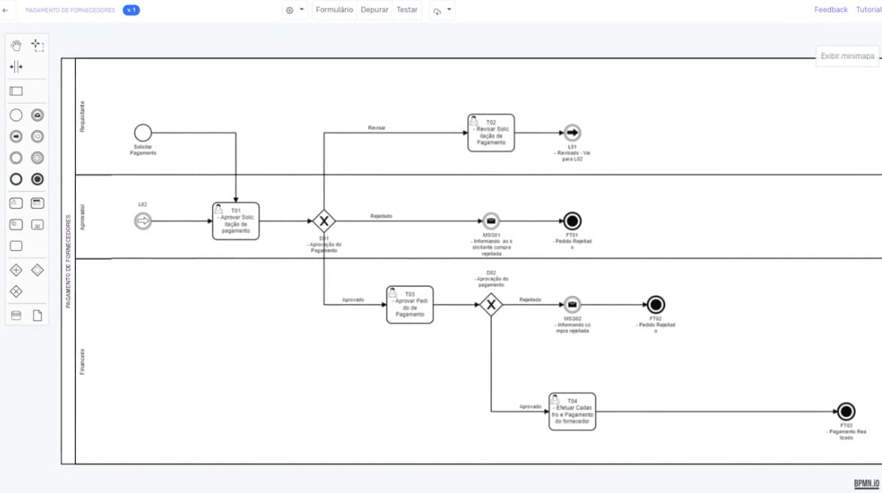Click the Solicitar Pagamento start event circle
coord(143,134)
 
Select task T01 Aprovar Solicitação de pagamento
coord(236,221)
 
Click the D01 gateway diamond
coord(324,221)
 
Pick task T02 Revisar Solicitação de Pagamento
coord(491,133)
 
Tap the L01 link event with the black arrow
coord(572,133)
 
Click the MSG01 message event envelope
coord(491,221)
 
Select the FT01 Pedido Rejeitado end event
coord(572,221)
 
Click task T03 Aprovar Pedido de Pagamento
coord(410,304)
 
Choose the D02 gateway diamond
coord(491,304)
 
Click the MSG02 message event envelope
coord(572,304)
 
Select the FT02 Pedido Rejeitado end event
coord(656,304)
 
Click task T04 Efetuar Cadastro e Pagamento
coord(572,411)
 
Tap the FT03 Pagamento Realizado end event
coord(846,411)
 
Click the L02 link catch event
coord(143,221)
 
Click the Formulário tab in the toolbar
coord(334,10)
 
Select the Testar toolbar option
coord(407,10)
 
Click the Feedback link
coord(830,10)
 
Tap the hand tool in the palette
coord(16,46)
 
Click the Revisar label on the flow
coord(376,128)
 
